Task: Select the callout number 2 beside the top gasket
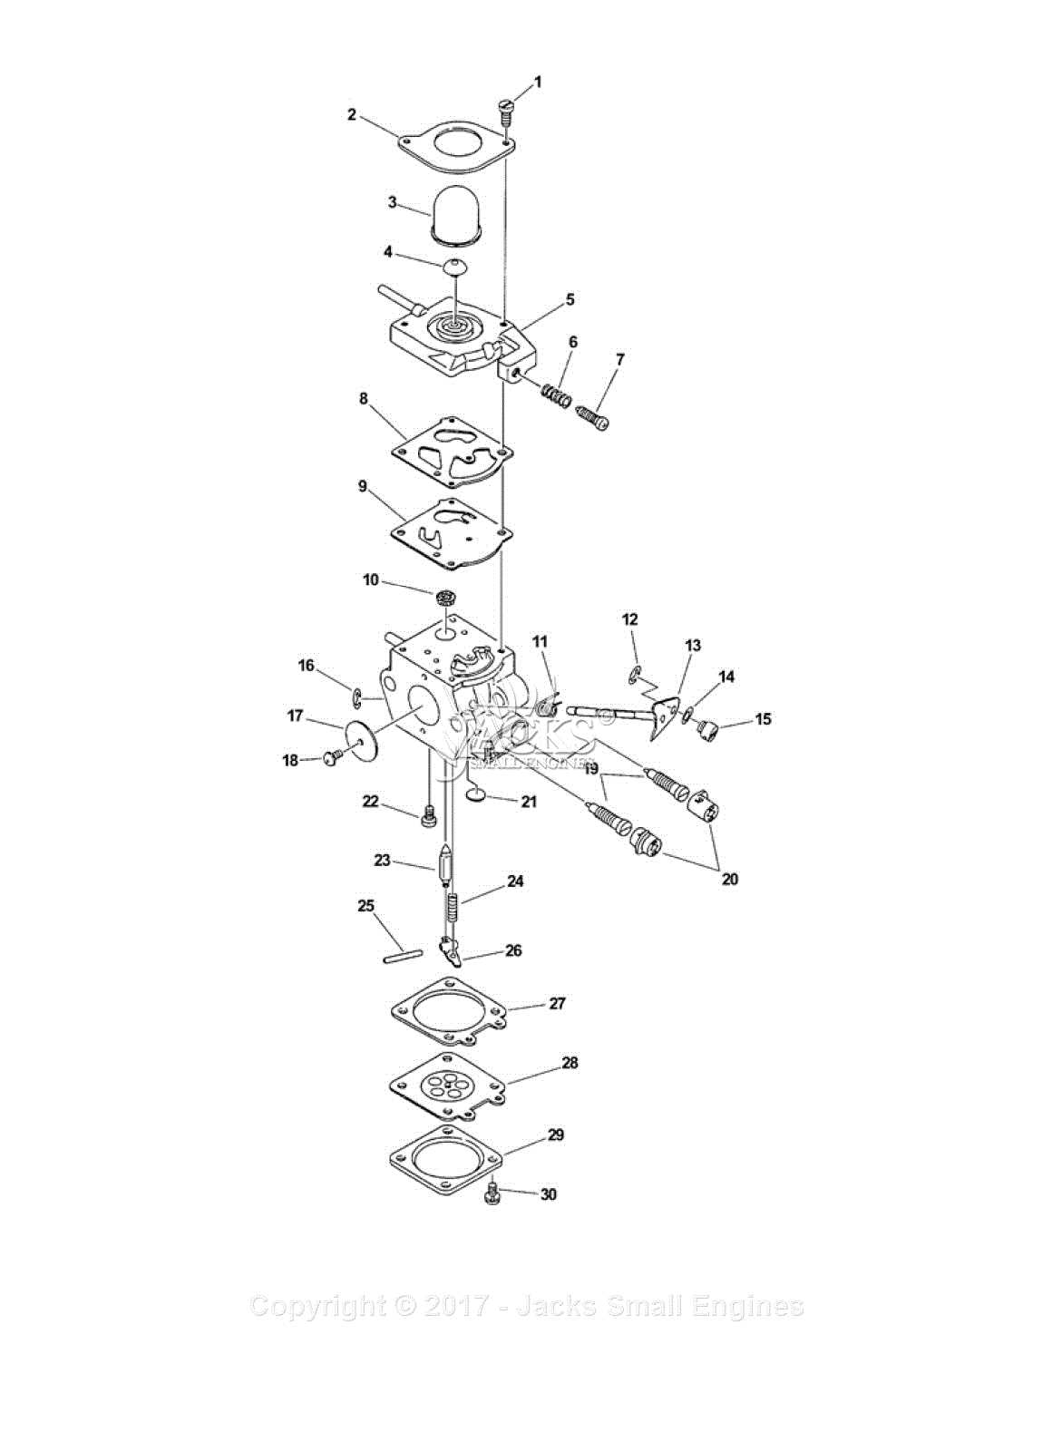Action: click(352, 114)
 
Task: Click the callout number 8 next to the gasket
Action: click(364, 398)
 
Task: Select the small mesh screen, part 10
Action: click(444, 598)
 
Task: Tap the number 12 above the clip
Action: click(630, 619)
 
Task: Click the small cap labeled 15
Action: click(706, 727)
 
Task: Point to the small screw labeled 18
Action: click(333, 755)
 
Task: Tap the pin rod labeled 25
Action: click(403, 954)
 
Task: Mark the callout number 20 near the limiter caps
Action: click(729, 879)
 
